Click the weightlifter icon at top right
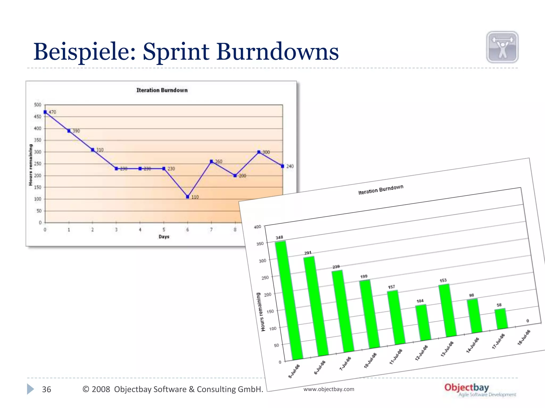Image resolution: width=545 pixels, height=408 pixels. pyautogui.click(x=502, y=47)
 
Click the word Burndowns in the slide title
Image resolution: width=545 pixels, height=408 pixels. pyautogui.click(x=277, y=52)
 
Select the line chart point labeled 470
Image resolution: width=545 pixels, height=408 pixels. pyautogui.click(x=45, y=112)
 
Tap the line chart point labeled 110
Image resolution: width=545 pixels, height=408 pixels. pyautogui.click(x=188, y=197)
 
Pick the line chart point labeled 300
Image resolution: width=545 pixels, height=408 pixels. pyautogui.click(x=259, y=152)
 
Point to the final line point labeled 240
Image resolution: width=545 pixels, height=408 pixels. pyautogui.click(x=283, y=166)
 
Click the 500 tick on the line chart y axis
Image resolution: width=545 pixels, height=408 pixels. pyautogui.click(x=38, y=105)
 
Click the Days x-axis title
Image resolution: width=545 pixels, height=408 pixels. pyautogui.click(x=164, y=236)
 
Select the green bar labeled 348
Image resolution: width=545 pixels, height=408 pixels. pyautogui.click(x=289, y=300)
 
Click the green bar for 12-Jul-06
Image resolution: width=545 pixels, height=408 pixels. pyautogui.click(x=423, y=322)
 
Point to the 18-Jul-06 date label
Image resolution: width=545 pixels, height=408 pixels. pyautogui.click(x=524, y=337)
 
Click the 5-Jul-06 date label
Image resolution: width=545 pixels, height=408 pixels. pyautogui.click(x=294, y=371)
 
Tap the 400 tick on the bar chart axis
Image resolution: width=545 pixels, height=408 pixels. pyautogui.click(x=258, y=227)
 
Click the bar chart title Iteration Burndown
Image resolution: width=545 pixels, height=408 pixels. pyautogui.click(x=381, y=190)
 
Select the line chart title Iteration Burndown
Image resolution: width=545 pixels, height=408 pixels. pyautogui.click(x=162, y=90)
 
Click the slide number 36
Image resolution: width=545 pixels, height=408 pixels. pyautogui.click(x=47, y=389)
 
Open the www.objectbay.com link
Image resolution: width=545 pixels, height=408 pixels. pyautogui.click(x=329, y=389)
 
